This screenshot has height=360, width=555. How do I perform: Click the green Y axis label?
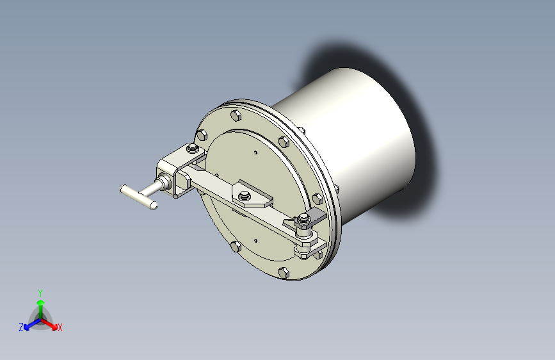40,292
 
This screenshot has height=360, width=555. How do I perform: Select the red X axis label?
60,328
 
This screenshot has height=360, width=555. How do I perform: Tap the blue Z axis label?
21,327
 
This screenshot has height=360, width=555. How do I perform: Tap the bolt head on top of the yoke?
191,151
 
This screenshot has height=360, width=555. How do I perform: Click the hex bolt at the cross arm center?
245,195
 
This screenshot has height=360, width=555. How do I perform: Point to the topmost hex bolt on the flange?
235,117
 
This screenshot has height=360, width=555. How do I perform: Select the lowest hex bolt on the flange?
284,274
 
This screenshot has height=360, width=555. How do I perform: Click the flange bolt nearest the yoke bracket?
202,135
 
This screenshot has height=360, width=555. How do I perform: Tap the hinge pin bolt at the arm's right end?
304,223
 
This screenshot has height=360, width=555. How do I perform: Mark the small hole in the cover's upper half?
255,152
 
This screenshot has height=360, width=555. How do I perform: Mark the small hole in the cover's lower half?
255,241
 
